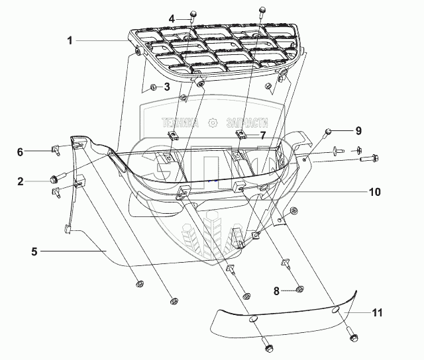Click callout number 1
70,40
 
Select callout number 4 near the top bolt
172,19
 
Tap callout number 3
167,86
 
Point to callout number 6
21,152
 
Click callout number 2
21,181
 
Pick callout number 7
263,135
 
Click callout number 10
374,192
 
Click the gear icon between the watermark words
212,122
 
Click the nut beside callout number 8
299,289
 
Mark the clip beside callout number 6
56,151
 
